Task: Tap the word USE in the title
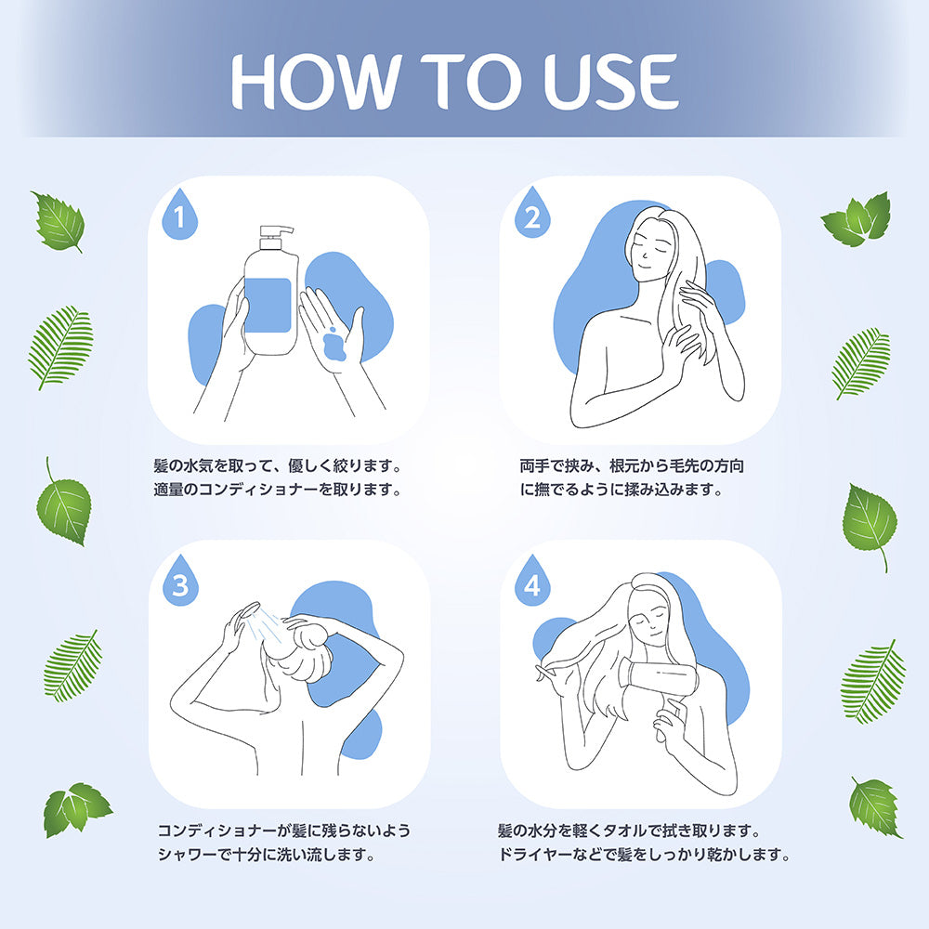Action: coord(598,81)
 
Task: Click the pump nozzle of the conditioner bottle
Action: coord(276,232)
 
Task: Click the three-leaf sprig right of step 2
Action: coord(857,219)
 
